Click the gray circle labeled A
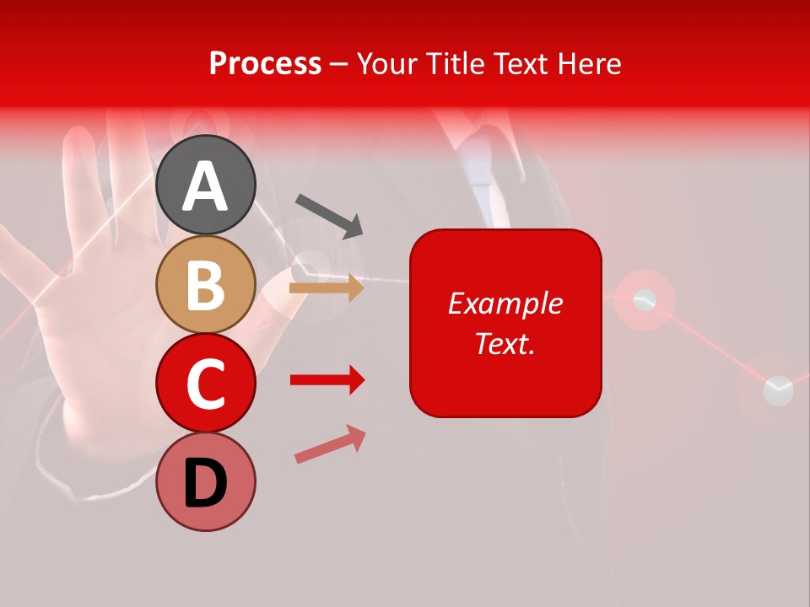[x=206, y=185]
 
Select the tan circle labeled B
[x=206, y=284]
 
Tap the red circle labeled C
[x=206, y=383]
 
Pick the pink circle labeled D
[x=206, y=481]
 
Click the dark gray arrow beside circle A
[x=329, y=216]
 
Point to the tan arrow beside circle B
[x=327, y=288]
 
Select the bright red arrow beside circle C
[x=327, y=380]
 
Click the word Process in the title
[x=265, y=63]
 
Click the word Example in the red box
[x=505, y=303]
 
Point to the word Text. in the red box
[x=505, y=343]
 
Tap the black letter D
[x=206, y=484]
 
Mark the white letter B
[x=206, y=285]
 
